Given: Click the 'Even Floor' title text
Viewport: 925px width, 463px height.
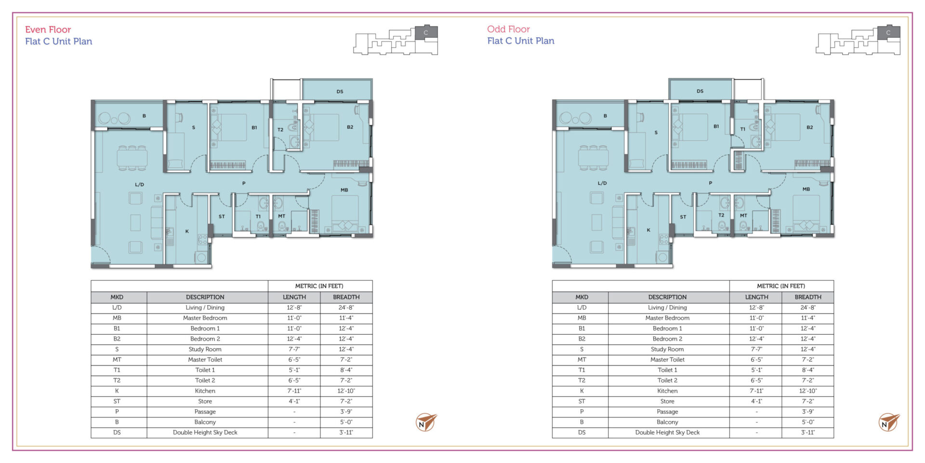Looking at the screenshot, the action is point(48,29).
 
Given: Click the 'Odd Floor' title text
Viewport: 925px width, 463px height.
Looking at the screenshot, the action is point(508,29).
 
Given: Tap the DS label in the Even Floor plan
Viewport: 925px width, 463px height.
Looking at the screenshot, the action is point(340,91).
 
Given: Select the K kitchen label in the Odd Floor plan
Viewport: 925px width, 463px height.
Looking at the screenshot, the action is point(648,230).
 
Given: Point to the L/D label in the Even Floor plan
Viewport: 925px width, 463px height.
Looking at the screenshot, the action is point(139,184).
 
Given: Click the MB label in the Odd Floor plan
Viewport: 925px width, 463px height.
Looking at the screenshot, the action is point(806,189).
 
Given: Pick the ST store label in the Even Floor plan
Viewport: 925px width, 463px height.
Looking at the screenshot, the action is point(222,217).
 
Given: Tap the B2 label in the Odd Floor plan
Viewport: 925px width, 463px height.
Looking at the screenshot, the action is point(809,127).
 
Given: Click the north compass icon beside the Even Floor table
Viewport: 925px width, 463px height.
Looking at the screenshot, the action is point(426,422).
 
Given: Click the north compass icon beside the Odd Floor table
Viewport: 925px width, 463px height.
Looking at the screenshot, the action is point(888,422).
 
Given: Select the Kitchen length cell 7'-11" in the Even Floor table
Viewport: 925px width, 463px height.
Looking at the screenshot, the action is point(294,391).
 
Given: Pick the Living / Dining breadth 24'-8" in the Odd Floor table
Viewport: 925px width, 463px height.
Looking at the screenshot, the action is point(808,308).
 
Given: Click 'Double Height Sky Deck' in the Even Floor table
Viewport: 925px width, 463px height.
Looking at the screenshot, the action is point(205,433).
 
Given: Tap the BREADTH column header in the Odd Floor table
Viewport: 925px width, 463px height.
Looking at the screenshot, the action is point(808,297).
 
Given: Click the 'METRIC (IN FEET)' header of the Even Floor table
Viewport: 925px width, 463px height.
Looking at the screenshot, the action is point(319,286).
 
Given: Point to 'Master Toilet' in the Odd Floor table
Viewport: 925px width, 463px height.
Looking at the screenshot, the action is point(667,360).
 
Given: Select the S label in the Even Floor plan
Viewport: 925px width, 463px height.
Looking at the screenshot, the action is point(194,128).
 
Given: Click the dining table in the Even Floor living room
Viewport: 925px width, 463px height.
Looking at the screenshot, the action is point(132,158).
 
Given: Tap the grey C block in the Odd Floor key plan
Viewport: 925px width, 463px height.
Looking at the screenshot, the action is point(888,32).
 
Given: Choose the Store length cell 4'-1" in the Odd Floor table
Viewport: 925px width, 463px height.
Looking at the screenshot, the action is point(756,401).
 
